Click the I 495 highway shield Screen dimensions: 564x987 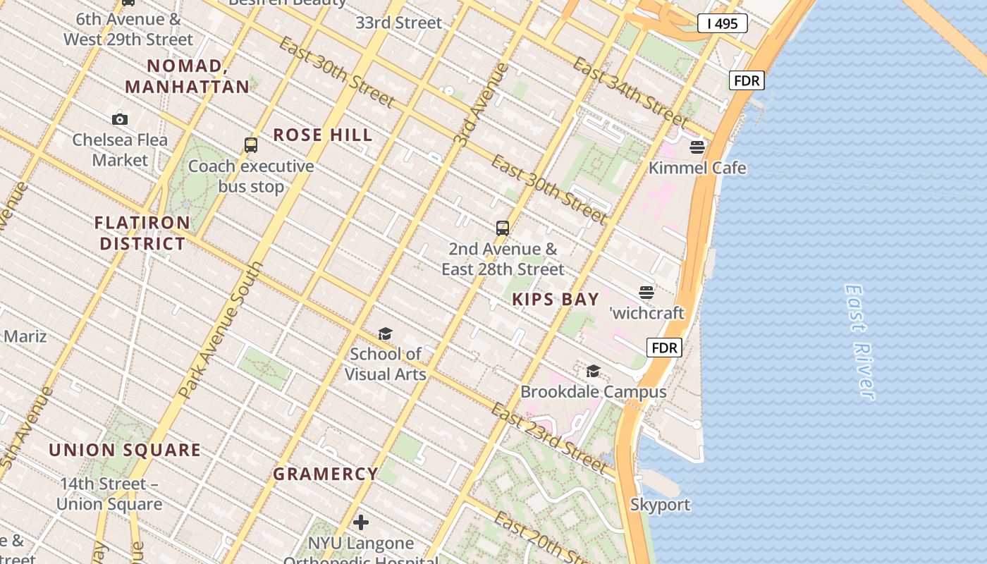pyautogui.click(x=722, y=24)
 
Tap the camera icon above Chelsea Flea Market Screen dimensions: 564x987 pyautogui.click(x=120, y=119)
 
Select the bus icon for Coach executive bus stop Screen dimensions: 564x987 pyautogui.click(x=250, y=145)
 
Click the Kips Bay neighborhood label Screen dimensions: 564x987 pyautogui.click(x=556, y=299)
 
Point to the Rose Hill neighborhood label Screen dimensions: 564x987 pyautogui.click(x=323, y=135)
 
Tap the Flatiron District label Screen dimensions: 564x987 pyautogui.click(x=142, y=233)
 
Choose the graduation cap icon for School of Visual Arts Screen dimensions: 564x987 pyautogui.click(x=385, y=333)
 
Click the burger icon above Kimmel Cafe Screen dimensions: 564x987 pyautogui.click(x=697, y=147)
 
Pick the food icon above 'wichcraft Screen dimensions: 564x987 pyautogui.click(x=646, y=292)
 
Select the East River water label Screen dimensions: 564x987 pyautogui.click(x=860, y=343)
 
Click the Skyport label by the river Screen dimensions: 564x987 pyautogui.click(x=660, y=505)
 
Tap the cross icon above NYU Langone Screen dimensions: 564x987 pyautogui.click(x=361, y=522)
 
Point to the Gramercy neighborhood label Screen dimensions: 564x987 pyautogui.click(x=326, y=474)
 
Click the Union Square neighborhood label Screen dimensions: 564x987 pyautogui.click(x=125, y=450)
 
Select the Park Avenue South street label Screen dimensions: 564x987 pyautogui.click(x=220, y=330)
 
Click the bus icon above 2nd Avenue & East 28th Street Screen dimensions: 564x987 pyautogui.click(x=503, y=228)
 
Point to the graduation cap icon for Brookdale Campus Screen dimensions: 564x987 pyautogui.click(x=593, y=371)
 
